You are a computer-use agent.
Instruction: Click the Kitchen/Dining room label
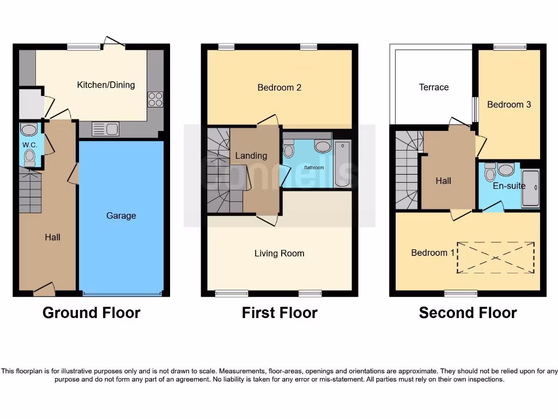[106, 85]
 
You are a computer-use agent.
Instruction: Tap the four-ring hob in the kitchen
[155, 99]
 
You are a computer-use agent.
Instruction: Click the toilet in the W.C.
[29, 157]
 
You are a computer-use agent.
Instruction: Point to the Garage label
[121, 216]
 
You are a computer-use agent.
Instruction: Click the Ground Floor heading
[91, 313]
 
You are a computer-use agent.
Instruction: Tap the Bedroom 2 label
[280, 87]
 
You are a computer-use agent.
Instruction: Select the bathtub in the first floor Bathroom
[342, 156]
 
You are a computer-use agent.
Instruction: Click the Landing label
[251, 155]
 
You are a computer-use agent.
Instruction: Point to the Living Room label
[279, 253]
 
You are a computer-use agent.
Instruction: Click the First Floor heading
[280, 313]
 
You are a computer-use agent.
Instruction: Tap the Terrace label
[434, 87]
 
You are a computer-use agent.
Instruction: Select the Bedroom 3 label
[509, 104]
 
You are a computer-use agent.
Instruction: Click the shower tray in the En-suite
[530, 188]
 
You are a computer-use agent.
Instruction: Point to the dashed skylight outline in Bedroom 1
[495, 258]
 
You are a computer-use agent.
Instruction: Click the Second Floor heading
[468, 313]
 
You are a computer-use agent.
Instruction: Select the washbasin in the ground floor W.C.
[29, 129]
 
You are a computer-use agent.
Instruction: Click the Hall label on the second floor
[443, 181]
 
